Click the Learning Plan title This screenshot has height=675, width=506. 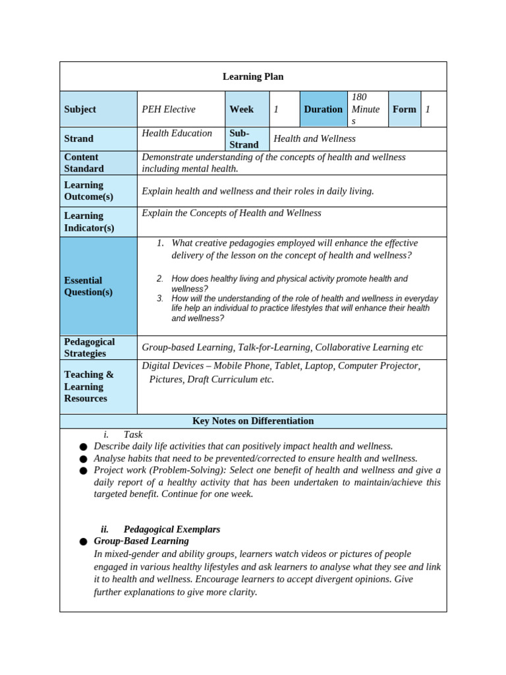[x=253, y=76]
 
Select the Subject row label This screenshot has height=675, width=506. [x=80, y=109]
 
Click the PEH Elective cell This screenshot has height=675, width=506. [x=169, y=109]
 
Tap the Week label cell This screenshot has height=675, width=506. [x=241, y=109]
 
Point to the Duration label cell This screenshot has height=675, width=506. [x=323, y=109]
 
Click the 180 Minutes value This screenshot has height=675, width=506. [x=365, y=109]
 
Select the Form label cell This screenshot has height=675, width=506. [x=404, y=109]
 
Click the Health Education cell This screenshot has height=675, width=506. [x=177, y=133]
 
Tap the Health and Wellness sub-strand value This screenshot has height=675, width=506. [x=314, y=139]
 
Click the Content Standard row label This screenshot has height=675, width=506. [x=84, y=163]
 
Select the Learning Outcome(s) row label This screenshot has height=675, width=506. [x=88, y=191]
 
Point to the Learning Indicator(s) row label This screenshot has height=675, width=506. [x=89, y=222]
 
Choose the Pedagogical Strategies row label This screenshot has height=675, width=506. [x=89, y=347]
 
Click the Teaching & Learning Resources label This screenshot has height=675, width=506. [x=88, y=386]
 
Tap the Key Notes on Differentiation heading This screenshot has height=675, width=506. [x=253, y=421]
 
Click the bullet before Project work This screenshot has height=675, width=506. [x=83, y=471]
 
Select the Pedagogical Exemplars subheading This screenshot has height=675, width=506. [x=171, y=529]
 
